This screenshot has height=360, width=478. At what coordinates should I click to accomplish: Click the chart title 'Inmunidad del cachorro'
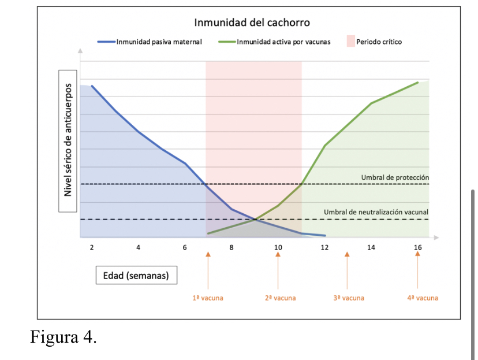pos(252,23)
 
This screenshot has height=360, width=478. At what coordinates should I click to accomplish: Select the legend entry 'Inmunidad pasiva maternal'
pos(150,42)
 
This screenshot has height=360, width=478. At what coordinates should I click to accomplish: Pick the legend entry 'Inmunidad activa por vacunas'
pos(274,42)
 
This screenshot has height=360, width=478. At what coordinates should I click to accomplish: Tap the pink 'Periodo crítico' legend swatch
pos(351,42)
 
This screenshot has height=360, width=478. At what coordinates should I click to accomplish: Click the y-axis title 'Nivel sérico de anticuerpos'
pos(68,140)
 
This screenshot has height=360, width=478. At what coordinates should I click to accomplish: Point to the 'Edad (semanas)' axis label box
pos(136,275)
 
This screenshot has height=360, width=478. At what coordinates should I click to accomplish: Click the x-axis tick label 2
pos(92,247)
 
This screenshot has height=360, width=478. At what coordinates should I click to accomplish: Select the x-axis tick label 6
pos(185,247)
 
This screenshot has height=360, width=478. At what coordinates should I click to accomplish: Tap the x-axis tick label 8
pos(231,247)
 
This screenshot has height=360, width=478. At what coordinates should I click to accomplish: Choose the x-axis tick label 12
pos(324,247)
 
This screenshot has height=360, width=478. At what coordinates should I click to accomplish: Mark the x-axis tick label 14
pos(371,247)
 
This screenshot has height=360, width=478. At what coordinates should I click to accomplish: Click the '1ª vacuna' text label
pos(208,298)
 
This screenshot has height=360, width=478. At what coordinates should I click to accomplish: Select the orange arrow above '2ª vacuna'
pos(278,270)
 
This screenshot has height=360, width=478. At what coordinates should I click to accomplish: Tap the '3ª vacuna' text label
pos(349,298)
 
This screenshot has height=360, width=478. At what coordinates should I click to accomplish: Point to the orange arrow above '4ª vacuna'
pos(417,270)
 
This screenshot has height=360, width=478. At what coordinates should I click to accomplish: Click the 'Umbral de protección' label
pos(395,177)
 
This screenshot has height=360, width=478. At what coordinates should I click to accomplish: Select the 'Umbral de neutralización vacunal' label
pos(376,212)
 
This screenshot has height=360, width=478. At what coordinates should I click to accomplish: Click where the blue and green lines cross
pos(256,220)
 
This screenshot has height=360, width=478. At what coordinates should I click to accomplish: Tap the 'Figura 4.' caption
pos(64,337)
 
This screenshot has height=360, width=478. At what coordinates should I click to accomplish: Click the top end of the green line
pos(417,83)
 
